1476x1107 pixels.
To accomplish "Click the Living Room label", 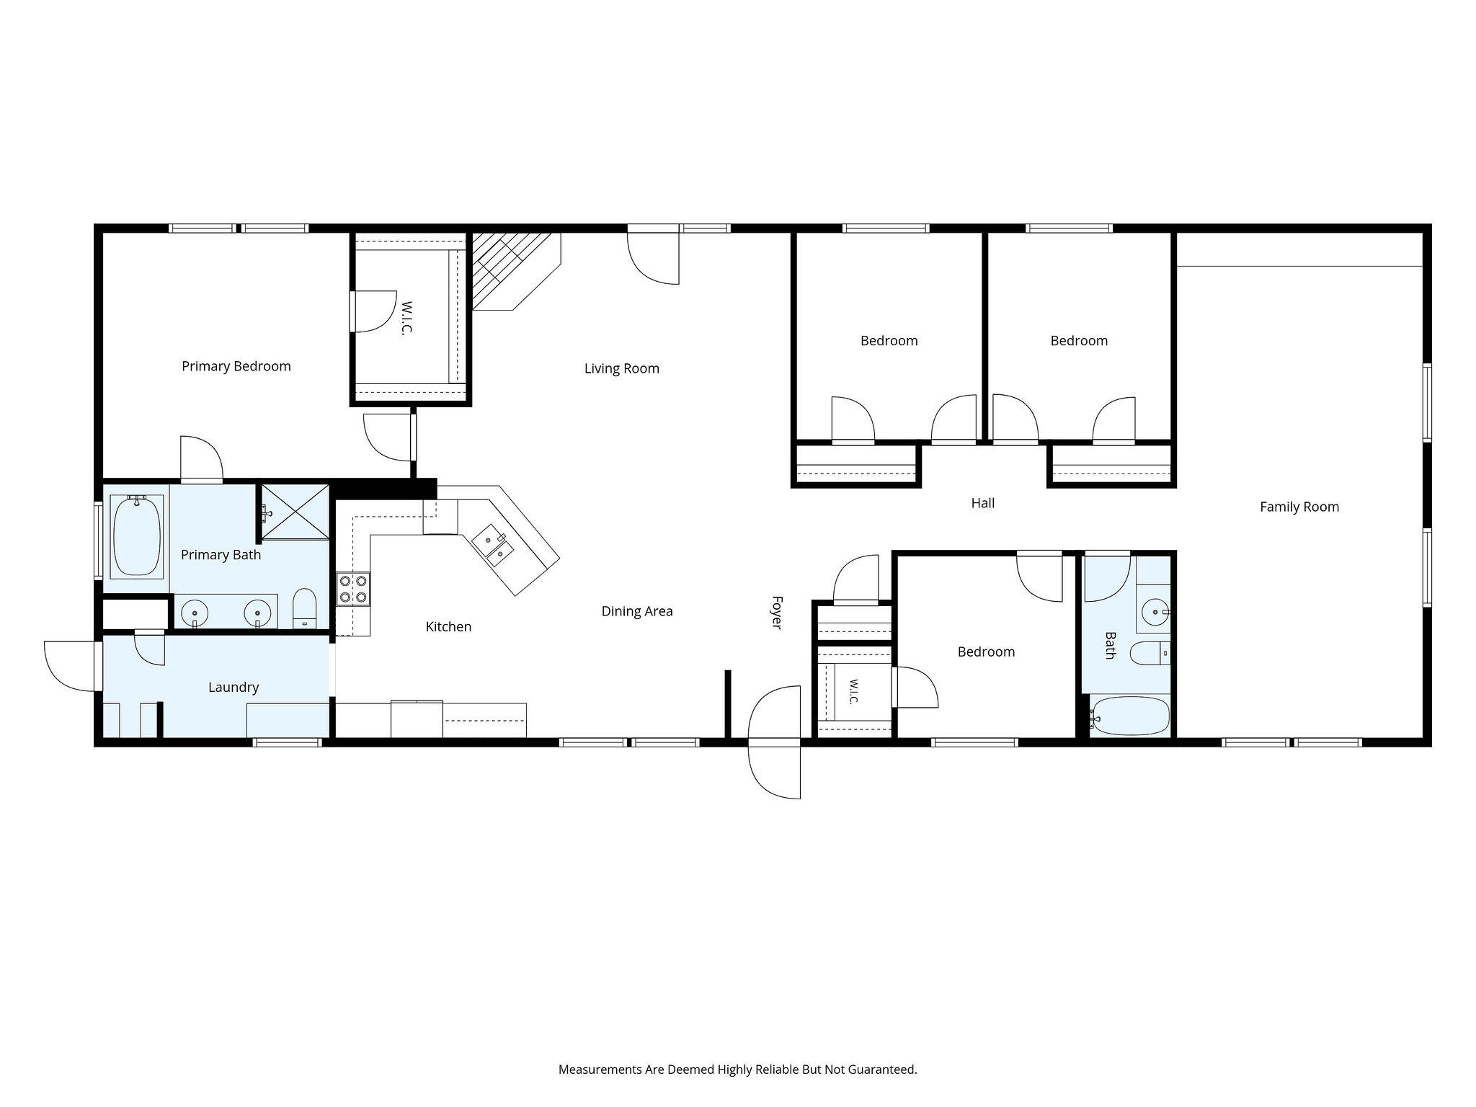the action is pyautogui.click(x=621, y=368).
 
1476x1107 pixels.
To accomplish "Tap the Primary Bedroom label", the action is pyautogui.click(x=236, y=366).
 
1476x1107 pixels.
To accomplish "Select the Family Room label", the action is pyautogui.click(x=1299, y=507).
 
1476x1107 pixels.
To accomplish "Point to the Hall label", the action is pyautogui.click(x=982, y=503).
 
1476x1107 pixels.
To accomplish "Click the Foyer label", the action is pyautogui.click(x=777, y=612).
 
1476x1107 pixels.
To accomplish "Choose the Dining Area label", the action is pyautogui.click(x=637, y=611).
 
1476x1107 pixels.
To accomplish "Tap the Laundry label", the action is pyautogui.click(x=234, y=688).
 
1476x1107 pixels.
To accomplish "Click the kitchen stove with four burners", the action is pyautogui.click(x=353, y=588).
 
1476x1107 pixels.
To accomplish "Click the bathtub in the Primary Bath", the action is pyautogui.click(x=136, y=536).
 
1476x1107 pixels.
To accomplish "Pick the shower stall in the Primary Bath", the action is pyautogui.click(x=295, y=512).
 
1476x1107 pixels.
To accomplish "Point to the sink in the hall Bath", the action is pyautogui.click(x=1155, y=612).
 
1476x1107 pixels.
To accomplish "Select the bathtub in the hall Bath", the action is pyautogui.click(x=1129, y=716).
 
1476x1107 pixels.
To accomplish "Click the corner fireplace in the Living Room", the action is pyautogui.click(x=515, y=271).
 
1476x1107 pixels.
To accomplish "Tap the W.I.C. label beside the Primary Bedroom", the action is pyautogui.click(x=406, y=318).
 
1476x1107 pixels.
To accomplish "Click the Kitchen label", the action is pyautogui.click(x=448, y=627).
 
